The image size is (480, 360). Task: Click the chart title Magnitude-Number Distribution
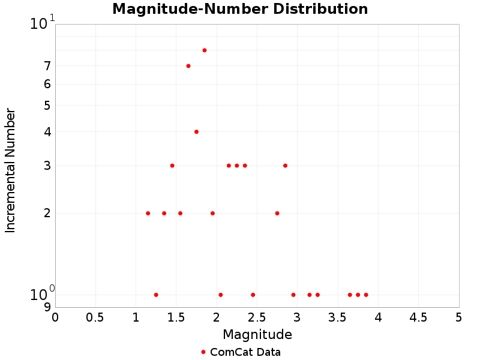tap(240, 9)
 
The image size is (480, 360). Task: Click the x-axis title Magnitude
tap(257, 334)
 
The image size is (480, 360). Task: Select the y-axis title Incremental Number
tap(10, 170)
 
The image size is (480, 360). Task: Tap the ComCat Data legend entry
tap(241, 352)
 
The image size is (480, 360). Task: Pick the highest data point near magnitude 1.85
tap(205, 50)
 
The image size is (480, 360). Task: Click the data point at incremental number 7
tap(188, 66)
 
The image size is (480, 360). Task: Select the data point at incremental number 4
tap(196, 131)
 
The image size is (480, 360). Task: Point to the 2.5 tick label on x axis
tap(257, 316)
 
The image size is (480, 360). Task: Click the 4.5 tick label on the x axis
tap(418, 316)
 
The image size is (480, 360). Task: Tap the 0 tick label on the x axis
tap(55, 316)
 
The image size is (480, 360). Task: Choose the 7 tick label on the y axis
tap(47, 66)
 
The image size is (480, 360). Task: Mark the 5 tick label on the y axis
tap(47, 106)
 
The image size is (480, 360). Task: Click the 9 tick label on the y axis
tap(47, 307)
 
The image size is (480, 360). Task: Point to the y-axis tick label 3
tap(47, 166)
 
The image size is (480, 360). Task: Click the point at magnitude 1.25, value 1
tap(156, 295)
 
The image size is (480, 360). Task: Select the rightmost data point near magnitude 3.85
tap(366, 295)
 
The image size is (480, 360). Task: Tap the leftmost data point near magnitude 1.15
tap(148, 213)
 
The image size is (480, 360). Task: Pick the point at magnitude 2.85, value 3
tap(285, 166)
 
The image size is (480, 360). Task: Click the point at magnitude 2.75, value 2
tap(277, 213)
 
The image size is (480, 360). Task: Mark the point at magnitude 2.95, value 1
tap(293, 295)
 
